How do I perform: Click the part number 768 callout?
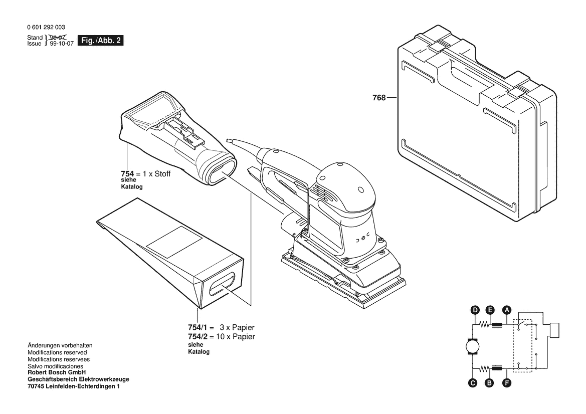coord(378,98)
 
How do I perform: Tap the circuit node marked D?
coord(474,310)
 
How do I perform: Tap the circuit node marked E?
coord(490,310)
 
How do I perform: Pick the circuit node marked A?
coord(507,310)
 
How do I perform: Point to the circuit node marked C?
coord(472,383)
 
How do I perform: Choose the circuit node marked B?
coord(490,383)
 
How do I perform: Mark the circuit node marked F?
coord(507,383)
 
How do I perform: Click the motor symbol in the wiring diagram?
coord(472,347)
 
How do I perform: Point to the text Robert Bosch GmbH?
coord(56,372)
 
